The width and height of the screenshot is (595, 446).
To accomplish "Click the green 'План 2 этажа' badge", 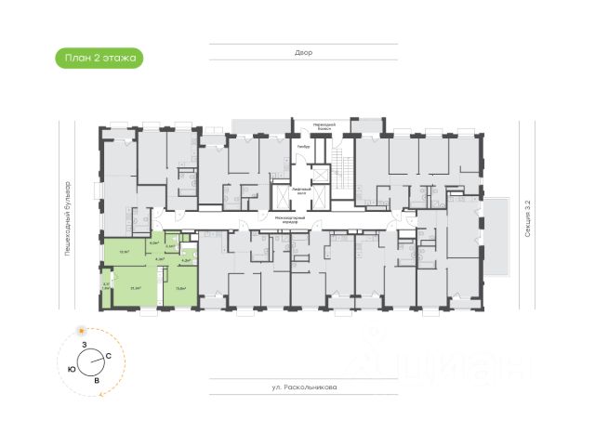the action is [x=98, y=58].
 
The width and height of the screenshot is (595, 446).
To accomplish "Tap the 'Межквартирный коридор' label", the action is [x=297, y=219].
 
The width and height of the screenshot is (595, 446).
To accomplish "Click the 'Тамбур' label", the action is [x=304, y=147].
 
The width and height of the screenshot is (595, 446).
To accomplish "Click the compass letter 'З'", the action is [x=85, y=346].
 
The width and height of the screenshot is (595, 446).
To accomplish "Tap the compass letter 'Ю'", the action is [x=72, y=369].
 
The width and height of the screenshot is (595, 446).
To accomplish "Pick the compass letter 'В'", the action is [x=96, y=379].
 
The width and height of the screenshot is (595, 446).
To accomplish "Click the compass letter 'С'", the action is [x=109, y=356].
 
